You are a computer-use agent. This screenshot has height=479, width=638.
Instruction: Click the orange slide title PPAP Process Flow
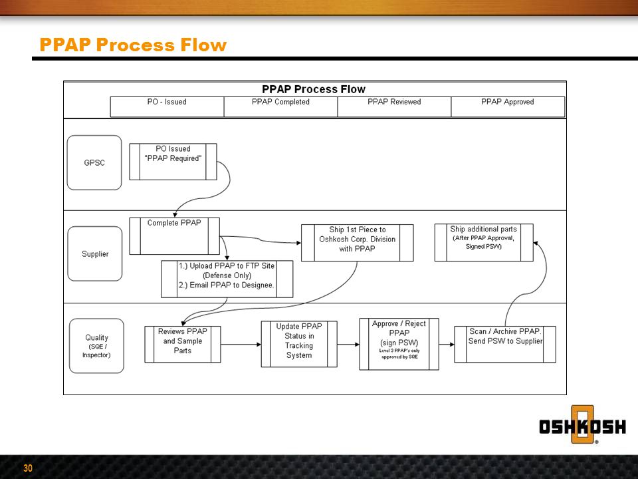point(133,45)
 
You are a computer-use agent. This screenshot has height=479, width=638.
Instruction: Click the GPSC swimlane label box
point(94,163)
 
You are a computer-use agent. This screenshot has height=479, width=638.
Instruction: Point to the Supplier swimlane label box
point(95,253)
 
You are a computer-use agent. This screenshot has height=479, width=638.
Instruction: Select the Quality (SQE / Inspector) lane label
point(96,345)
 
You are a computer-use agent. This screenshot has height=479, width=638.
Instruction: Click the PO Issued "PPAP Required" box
point(173,162)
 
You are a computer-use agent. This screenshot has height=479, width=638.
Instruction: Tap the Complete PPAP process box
point(174,236)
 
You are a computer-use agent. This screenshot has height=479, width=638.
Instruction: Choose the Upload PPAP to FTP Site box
point(227,279)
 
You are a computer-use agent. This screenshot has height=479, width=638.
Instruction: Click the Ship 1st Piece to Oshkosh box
point(357,242)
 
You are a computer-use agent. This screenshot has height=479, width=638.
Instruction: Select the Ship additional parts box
point(483,241)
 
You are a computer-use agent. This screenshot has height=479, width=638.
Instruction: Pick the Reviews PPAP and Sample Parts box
point(183,344)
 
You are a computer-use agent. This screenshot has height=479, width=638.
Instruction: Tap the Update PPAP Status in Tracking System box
point(298,344)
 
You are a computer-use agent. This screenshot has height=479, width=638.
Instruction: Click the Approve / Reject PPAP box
point(399,344)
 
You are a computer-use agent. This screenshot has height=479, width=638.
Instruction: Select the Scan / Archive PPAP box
point(505,344)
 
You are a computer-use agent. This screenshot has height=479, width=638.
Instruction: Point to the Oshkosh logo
point(582,426)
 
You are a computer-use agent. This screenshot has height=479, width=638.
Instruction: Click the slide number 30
point(28,468)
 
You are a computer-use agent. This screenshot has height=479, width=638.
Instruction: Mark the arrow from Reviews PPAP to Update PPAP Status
point(241,344)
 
